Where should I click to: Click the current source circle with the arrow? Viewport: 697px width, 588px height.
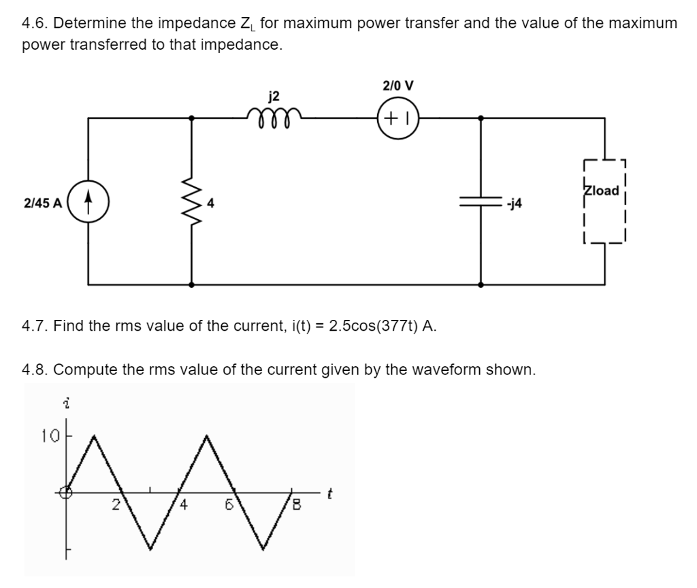point(88,202)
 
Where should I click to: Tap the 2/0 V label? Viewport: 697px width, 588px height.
point(398,86)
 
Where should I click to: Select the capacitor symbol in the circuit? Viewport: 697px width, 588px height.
point(481,202)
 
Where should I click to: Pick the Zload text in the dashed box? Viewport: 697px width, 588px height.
point(601,191)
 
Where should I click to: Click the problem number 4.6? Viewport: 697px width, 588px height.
point(34,24)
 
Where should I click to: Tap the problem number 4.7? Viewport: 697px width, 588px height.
point(34,325)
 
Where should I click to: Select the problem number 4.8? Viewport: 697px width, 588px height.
point(34,370)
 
